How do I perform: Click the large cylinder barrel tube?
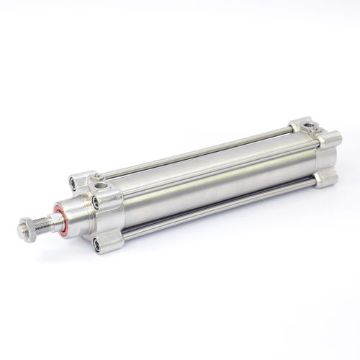click(x=209, y=180)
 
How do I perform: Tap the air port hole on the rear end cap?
click(x=310, y=127)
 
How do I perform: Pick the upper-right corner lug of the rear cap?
click(x=332, y=138)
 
